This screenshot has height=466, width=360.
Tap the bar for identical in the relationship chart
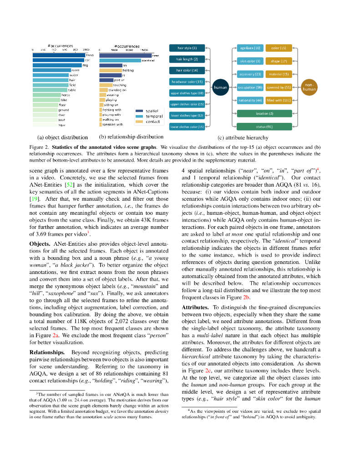pos(120,60)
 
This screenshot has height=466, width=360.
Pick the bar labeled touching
pos(106,85)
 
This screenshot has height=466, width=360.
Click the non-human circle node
pos(309,87)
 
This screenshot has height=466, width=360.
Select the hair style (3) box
pos(187,48)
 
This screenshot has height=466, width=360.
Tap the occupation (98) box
pos(250,87)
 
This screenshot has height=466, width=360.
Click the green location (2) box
pos(264,113)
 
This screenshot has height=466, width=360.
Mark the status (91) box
pos(264,127)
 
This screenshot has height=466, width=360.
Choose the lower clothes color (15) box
pos(187,127)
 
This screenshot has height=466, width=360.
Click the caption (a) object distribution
pos(62,137)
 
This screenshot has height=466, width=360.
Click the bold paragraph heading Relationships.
pos(47,352)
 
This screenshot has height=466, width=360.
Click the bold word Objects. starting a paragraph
pos(40,243)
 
